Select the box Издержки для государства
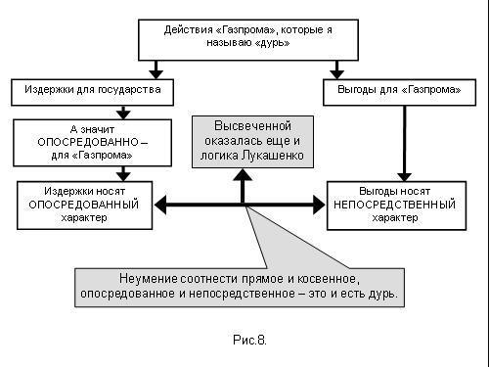coord(92,92)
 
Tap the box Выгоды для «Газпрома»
coord(400,92)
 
